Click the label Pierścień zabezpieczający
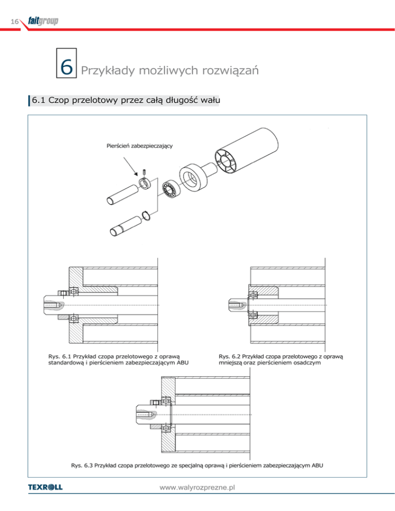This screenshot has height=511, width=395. (136, 146)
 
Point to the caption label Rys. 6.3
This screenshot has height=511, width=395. (80, 466)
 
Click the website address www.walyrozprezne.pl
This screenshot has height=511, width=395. (197, 487)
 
